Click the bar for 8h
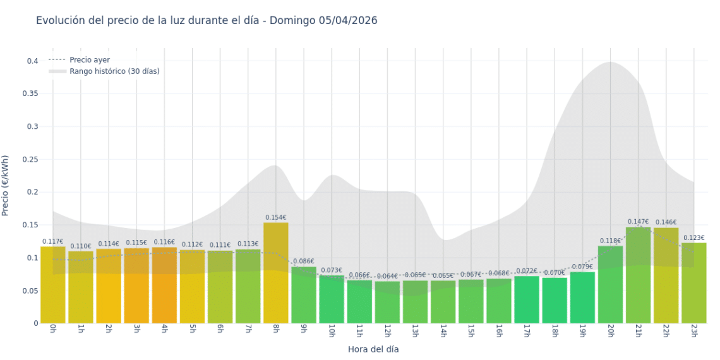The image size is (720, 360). [275, 273]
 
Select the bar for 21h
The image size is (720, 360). [638, 275]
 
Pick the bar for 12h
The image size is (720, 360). [387, 302]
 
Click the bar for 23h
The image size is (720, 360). [693, 283]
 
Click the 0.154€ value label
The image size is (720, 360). [275, 217]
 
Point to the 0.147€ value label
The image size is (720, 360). [638, 222]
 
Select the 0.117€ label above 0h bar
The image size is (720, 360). [53, 241]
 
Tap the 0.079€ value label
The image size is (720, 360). [582, 267]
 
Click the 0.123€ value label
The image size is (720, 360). [693, 237]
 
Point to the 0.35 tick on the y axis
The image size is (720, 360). [30, 93]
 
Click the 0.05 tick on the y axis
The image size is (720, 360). [30, 291]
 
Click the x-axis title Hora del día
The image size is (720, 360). [373, 349]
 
